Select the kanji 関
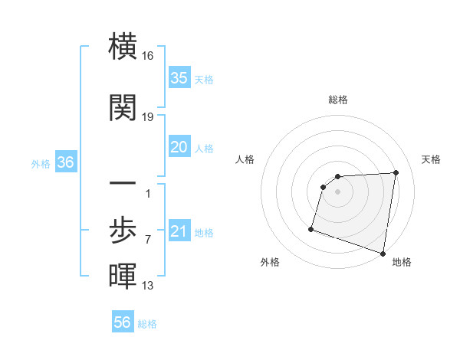[x=123, y=109]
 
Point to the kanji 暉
[x=123, y=277]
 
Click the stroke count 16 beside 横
[x=149, y=57]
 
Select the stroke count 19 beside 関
[x=149, y=116]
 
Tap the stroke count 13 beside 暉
[x=149, y=286]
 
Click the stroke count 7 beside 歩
[x=148, y=240]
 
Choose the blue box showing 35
[x=179, y=78]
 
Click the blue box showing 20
[x=179, y=147]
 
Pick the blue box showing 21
[x=179, y=232]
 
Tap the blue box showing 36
[x=65, y=163]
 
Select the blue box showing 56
[x=123, y=322]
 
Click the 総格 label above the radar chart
[x=337, y=100]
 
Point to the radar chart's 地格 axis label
[x=402, y=263]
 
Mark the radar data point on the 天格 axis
[x=396, y=172]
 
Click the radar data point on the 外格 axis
[x=311, y=228]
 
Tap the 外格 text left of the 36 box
[x=41, y=164]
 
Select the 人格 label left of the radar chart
[x=245, y=159]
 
